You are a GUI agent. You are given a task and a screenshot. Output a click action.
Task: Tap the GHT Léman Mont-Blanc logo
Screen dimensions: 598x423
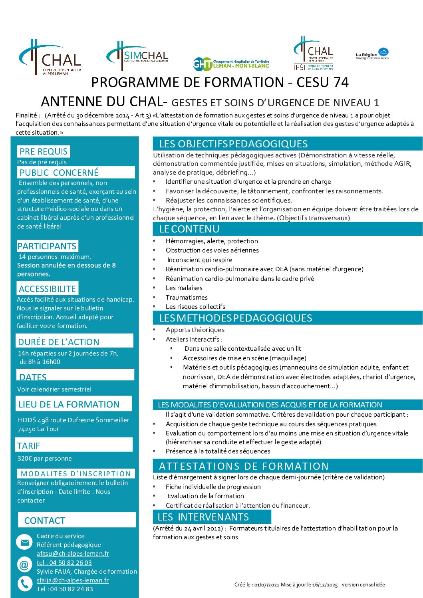[x=231, y=64]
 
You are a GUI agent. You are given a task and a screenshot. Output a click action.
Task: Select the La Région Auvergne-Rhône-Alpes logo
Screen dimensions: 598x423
[x=372, y=54]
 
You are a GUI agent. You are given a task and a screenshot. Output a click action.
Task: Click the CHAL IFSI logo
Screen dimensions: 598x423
[x=313, y=54]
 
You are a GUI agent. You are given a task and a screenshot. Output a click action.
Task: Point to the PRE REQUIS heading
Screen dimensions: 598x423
[x=44, y=151]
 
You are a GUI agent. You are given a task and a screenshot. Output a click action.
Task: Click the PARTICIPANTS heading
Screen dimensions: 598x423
[x=47, y=246]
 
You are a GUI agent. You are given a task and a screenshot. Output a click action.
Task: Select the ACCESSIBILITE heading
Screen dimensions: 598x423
[x=47, y=289]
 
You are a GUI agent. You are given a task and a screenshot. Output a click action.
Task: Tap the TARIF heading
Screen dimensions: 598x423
[x=29, y=446]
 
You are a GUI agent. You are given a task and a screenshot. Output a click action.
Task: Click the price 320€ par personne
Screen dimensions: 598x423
[x=45, y=459]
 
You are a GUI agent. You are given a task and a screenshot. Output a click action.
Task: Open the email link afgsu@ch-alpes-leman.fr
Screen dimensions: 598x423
[x=73, y=554]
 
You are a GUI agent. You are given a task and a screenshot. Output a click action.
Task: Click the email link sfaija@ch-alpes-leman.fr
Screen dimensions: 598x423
[x=73, y=580]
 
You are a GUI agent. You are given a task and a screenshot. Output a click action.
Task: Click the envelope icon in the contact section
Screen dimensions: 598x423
[x=24, y=542]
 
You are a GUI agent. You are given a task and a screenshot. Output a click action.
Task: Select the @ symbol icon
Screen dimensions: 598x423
[x=24, y=565]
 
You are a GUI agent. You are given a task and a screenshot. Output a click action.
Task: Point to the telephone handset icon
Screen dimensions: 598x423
[x=24, y=584]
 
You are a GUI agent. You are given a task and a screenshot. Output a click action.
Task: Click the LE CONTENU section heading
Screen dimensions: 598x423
[x=189, y=229]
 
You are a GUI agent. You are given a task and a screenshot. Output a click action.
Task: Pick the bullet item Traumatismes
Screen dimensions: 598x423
[x=187, y=297]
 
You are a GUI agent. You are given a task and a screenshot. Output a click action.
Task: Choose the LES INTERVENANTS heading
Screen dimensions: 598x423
[x=203, y=517]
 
